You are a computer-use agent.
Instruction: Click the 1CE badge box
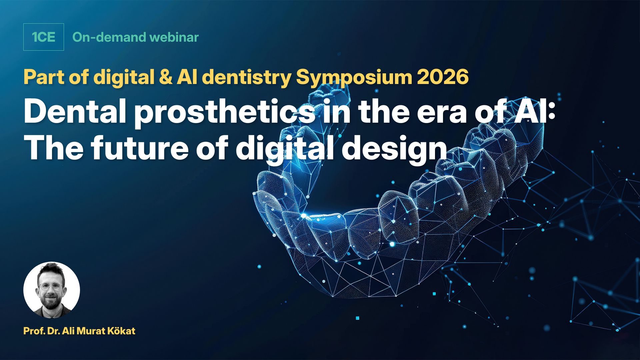(x=43, y=37)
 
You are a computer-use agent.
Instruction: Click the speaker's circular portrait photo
(x=52, y=290)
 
